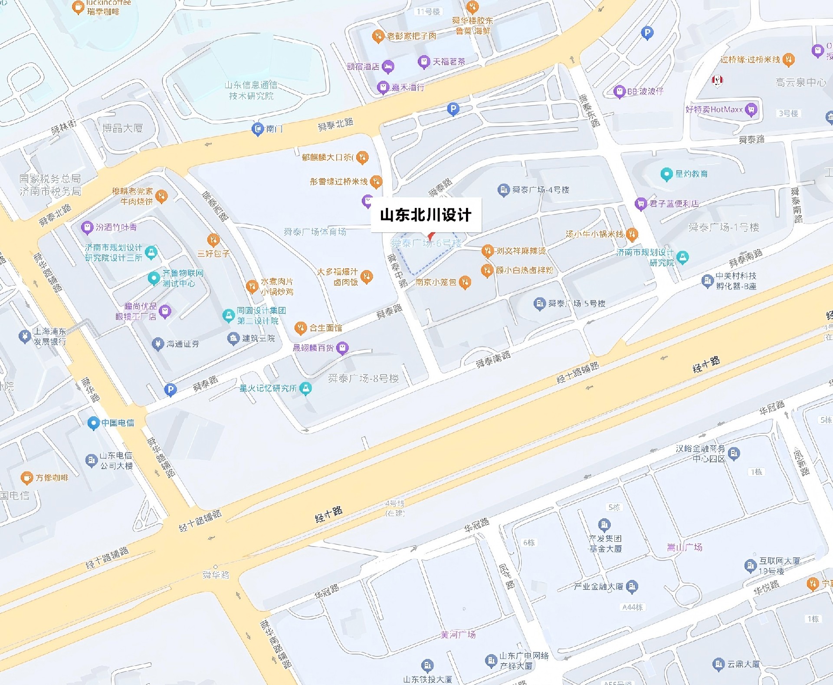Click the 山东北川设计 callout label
[x=426, y=215]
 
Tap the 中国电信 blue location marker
[x=93, y=423]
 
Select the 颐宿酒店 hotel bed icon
[x=388, y=66]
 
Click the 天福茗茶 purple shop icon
[x=423, y=62]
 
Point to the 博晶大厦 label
[x=122, y=128]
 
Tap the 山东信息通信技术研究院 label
[x=251, y=90]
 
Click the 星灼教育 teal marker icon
[x=666, y=174]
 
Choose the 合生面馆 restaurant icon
[x=300, y=328]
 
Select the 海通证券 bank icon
[x=157, y=344]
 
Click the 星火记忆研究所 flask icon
[x=306, y=388]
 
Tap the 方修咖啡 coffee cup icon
[x=27, y=478]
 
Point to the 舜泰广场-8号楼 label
[x=363, y=379]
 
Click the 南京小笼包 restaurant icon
[x=465, y=282]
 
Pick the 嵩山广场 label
[x=684, y=547]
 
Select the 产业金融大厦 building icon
[x=632, y=587]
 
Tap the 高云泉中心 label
[x=800, y=82]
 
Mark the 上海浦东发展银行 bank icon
[x=25, y=336]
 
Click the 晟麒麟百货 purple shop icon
[x=343, y=348]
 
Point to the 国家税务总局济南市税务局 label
[x=50, y=185]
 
